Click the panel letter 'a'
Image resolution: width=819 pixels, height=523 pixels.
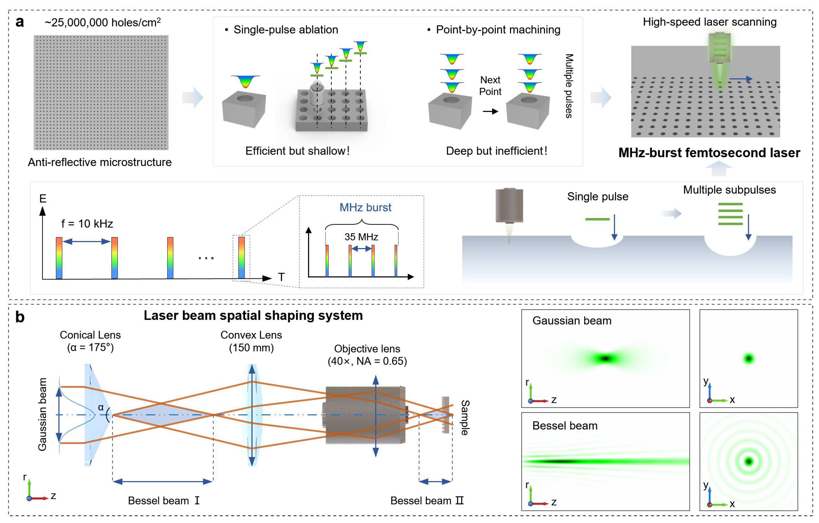click(x=20, y=23)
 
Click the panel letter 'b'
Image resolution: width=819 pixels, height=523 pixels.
click(x=20, y=317)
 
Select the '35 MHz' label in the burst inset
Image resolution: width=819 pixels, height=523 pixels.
click(x=361, y=237)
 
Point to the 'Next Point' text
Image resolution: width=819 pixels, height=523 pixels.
click(x=490, y=86)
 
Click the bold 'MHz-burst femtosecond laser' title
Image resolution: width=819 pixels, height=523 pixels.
click(x=709, y=153)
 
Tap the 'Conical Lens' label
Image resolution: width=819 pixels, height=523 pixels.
click(x=90, y=335)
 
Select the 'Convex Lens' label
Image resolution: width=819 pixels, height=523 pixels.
click(x=251, y=335)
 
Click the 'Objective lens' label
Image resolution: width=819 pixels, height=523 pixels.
click(x=367, y=349)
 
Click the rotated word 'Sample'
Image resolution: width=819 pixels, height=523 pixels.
click(x=465, y=417)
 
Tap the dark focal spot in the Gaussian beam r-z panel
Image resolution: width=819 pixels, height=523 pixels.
click(x=606, y=358)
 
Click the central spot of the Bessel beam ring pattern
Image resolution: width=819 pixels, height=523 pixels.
click(x=749, y=462)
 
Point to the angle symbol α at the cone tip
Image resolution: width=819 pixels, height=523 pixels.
click(x=101, y=407)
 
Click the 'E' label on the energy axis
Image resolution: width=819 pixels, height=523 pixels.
click(x=43, y=199)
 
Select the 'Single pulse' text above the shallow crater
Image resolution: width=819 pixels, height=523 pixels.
click(x=598, y=197)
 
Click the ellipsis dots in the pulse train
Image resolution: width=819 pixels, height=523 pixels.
click(x=206, y=258)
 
